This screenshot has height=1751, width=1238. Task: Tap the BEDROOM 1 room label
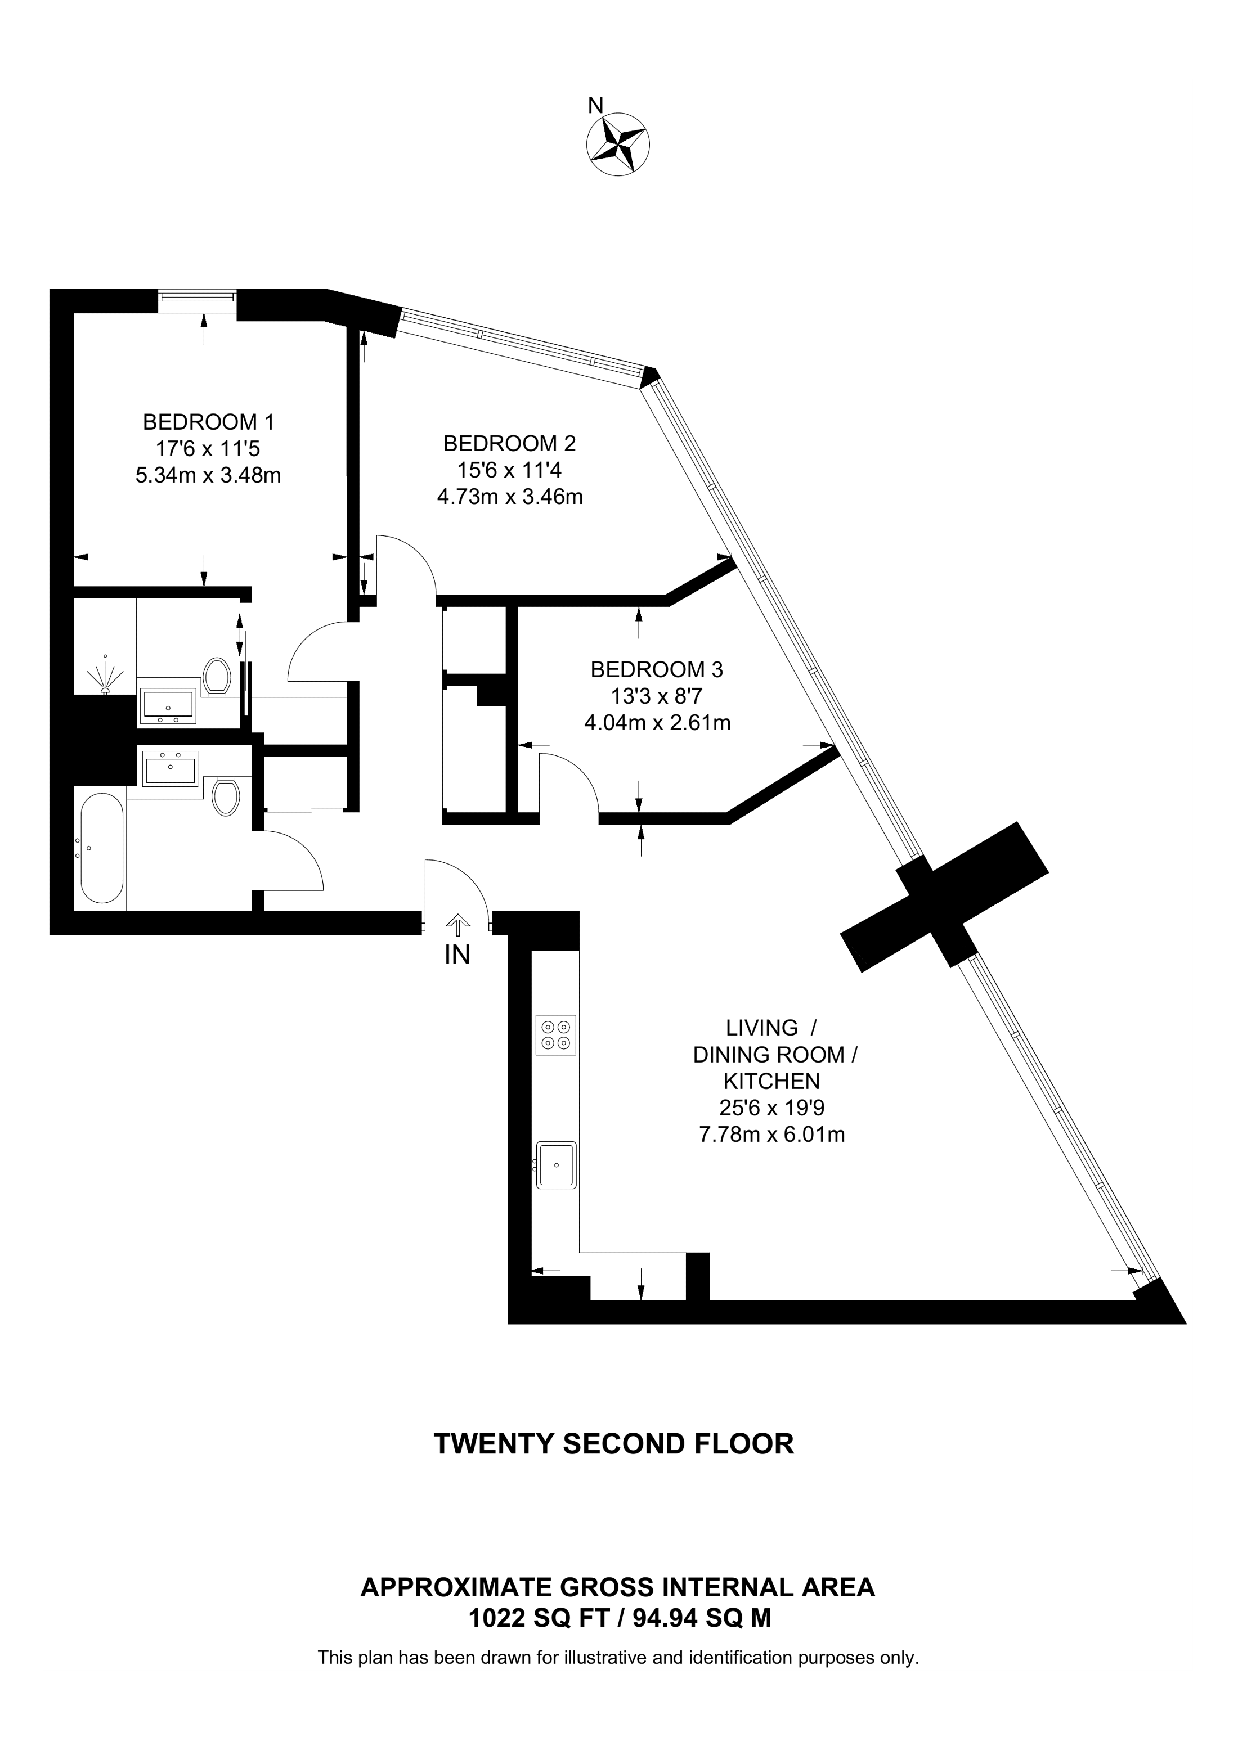click(x=208, y=422)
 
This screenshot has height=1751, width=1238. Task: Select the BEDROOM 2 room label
click(x=509, y=443)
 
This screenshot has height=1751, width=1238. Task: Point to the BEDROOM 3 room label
click(x=657, y=669)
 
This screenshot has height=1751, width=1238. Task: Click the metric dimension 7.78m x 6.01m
click(x=772, y=1135)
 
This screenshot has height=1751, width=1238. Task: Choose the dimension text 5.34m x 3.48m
click(x=208, y=476)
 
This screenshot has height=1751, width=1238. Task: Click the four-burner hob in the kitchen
click(x=555, y=1035)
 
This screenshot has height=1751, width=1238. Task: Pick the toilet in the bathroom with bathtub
click(x=225, y=796)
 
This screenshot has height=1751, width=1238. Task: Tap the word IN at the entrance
click(x=457, y=956)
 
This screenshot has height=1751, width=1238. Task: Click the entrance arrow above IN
click(x=457, y=925)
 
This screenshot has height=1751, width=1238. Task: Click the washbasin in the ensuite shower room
click(x=168, y=706)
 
